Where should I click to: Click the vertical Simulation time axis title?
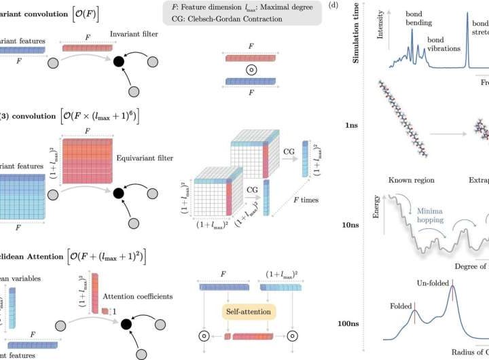(x=355, y=33)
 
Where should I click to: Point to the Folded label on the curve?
(x=401, y=306)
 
